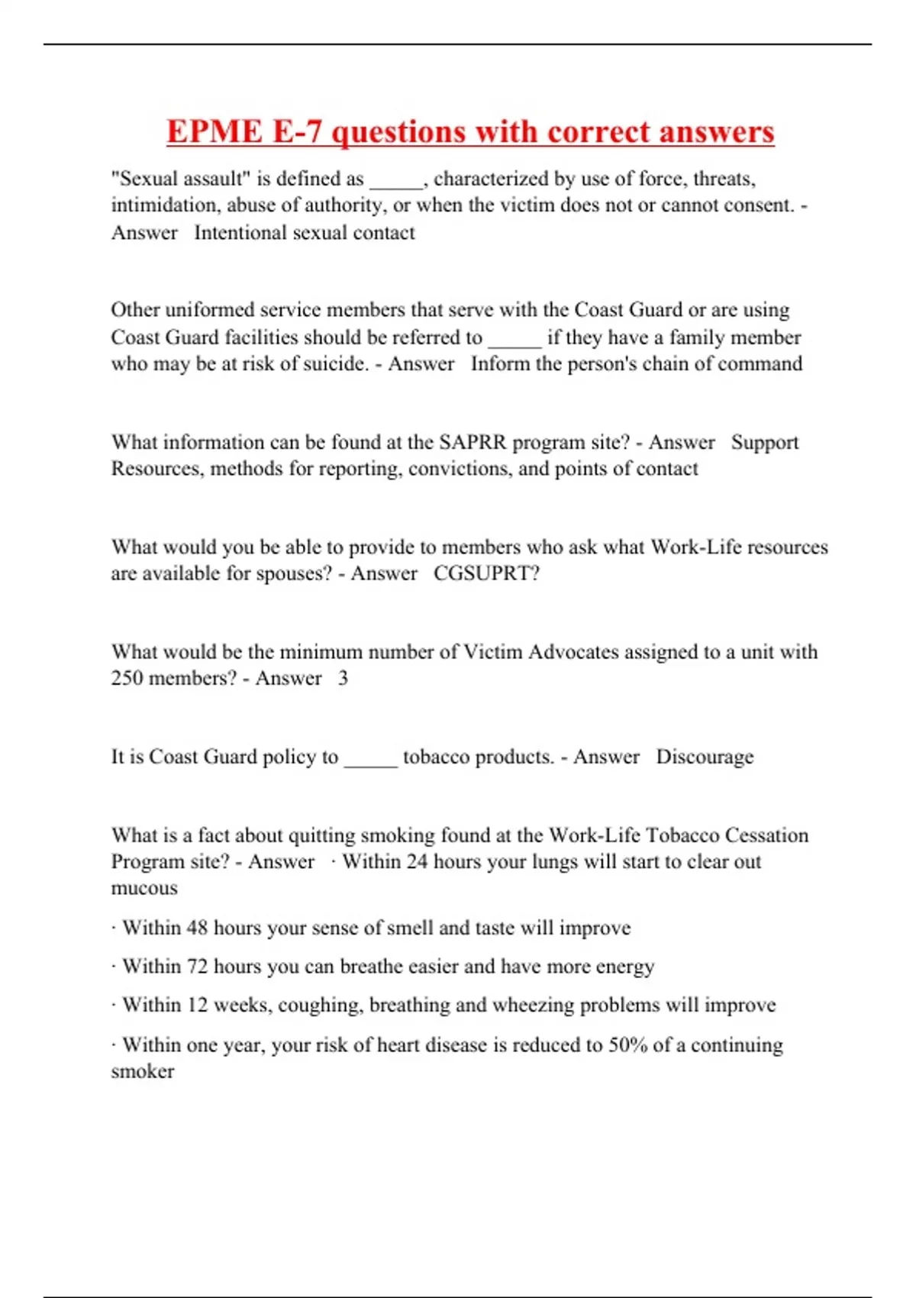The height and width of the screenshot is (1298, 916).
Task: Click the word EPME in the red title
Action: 214,131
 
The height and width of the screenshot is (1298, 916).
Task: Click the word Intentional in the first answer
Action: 240,232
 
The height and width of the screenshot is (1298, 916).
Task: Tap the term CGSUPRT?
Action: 486,573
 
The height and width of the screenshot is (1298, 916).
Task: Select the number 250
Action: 127,678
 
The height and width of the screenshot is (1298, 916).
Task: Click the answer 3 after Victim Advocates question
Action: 343,678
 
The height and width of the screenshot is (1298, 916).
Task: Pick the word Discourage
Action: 705,757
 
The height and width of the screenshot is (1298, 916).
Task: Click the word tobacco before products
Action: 436,757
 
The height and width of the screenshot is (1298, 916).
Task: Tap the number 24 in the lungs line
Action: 417,861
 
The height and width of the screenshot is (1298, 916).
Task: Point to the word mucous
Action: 144,888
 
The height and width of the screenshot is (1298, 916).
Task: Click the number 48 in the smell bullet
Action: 197,928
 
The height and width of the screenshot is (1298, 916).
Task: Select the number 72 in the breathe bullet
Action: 197,967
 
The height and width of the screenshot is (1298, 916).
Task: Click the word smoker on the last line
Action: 143,1071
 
